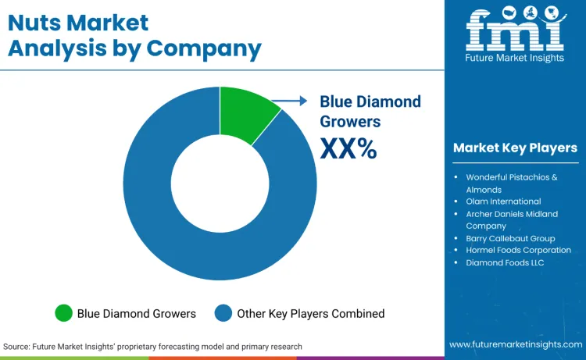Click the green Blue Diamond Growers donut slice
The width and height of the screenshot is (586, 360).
pos(246,115)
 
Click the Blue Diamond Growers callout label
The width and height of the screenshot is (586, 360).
pos(370,111)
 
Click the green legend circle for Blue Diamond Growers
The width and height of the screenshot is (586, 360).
pos(63,313)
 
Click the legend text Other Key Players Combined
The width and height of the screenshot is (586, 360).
pos(311,313)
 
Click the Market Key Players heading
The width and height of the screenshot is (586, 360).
pos(515,148)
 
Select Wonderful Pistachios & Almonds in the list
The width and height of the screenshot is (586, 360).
pos(511,183)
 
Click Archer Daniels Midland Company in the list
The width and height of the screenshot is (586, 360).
pos(512,219)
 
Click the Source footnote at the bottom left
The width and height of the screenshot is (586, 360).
pos(152,346)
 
